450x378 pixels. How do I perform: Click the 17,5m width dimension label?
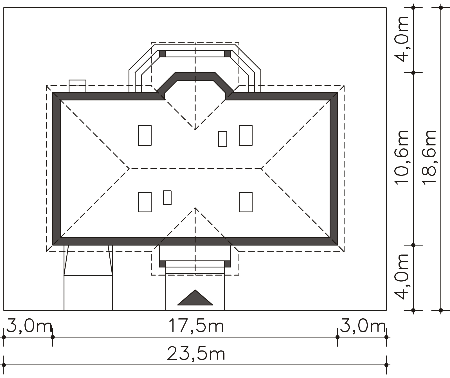[196, 326]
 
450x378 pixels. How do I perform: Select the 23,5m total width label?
[196, 354]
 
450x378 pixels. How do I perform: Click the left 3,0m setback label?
[29, 326]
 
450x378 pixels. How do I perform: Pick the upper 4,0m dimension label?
[401, 39]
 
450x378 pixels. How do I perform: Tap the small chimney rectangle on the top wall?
[77, 86]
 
